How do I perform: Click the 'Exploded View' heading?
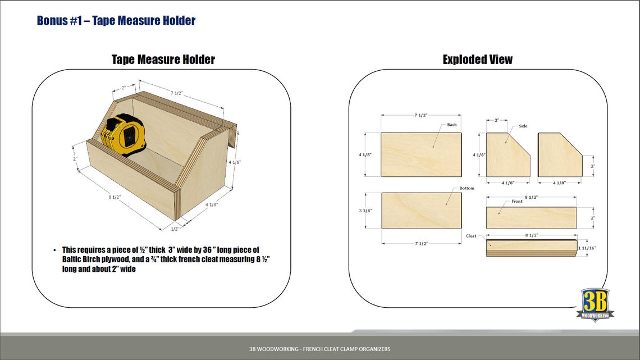477,60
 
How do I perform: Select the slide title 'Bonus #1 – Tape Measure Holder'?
116,21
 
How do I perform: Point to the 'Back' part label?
452,125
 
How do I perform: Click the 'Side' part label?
523,126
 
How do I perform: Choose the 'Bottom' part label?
467,188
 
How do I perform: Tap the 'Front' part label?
517,201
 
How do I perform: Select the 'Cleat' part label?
471,236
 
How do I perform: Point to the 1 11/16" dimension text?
587,248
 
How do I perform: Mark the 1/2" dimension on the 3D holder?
175,229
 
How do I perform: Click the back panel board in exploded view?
421,154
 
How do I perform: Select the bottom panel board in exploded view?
421,211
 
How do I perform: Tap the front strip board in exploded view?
531,218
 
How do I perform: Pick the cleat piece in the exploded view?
531,248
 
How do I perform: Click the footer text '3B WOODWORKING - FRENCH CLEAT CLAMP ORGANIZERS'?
319,349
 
